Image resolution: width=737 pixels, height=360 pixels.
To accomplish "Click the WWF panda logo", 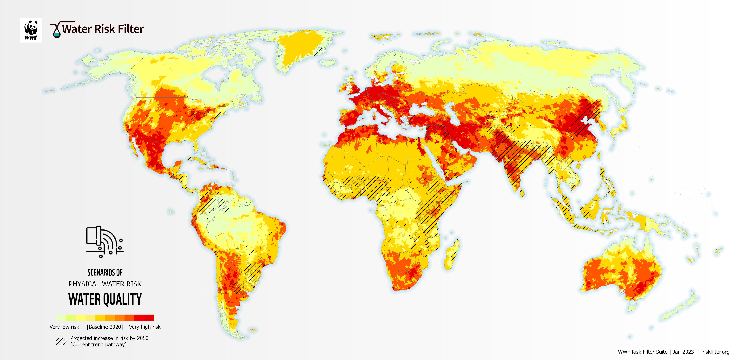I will tap(31, 30).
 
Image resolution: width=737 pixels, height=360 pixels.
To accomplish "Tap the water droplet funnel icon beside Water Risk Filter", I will tap(56, 30).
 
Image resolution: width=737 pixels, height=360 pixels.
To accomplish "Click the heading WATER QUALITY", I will tap(105, 299).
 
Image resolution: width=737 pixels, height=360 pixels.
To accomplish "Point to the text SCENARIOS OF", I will tap(105, 272).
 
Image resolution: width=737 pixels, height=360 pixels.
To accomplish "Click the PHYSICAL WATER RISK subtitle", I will tap(105, 284).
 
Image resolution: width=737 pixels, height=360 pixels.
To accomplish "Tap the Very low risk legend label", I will tap(64, 327).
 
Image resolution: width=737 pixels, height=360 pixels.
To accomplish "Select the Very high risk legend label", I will tap(145, 327).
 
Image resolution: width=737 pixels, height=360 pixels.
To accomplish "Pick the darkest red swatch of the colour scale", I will tap(149, 318).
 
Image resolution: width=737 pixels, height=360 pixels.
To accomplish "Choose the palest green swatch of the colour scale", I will tap(61, 318).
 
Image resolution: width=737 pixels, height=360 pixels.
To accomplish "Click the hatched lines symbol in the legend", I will tap(61, 341).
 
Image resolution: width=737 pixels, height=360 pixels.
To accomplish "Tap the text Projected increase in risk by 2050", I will tap(109, 338).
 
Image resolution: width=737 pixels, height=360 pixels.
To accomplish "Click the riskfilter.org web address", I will tap(716, 352).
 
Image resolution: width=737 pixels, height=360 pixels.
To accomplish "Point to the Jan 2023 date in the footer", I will tap(683, 352).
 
